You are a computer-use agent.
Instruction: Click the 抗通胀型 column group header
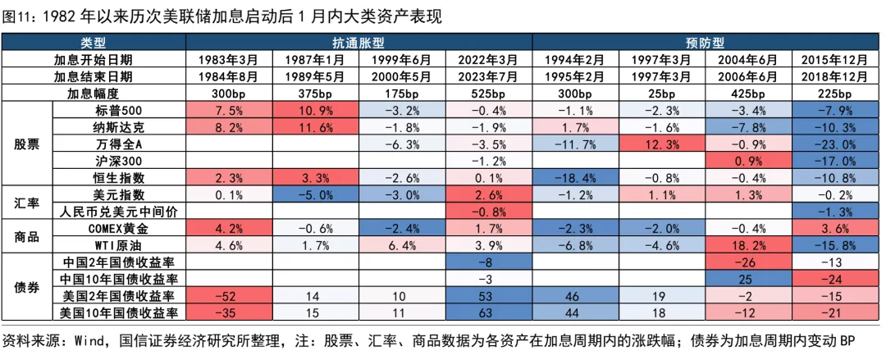pyautogui.click(x=359, y=43)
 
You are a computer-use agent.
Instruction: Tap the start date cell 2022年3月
pyautogui.click(x=488, y=59)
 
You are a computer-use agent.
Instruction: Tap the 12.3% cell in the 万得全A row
pyautogui.click(x=662, y=144)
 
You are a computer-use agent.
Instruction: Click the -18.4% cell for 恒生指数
pyautogui.click(x=575, y=178)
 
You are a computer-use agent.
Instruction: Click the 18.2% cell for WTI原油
pyautogui.click(x=749, y=246)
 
